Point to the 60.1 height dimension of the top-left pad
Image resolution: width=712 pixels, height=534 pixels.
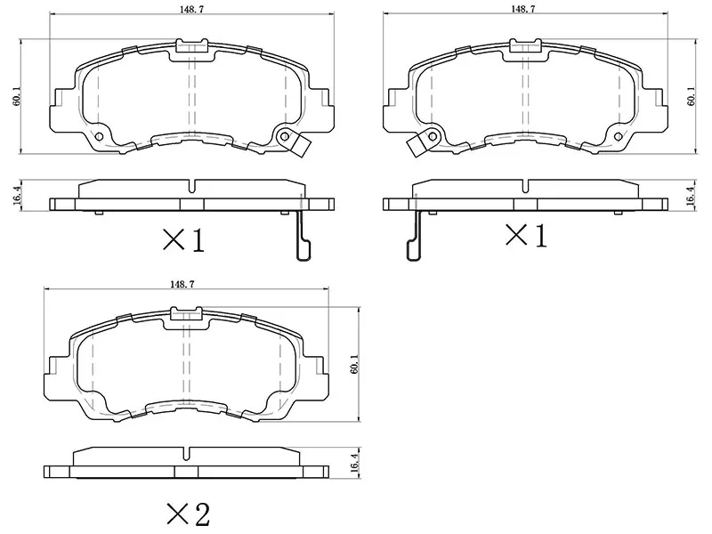tap(16, 96)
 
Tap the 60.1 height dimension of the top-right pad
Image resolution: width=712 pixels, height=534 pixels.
tap(692, 96)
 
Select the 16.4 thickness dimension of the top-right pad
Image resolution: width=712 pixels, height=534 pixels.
tap(691, 196)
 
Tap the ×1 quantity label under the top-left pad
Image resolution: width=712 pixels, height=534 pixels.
tap(182, 239)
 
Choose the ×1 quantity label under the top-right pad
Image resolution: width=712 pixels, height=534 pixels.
tap(525, 236)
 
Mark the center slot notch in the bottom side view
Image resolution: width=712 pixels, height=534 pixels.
tap(186, 447)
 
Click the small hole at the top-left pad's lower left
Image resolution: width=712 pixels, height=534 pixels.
tap(100, 136)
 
